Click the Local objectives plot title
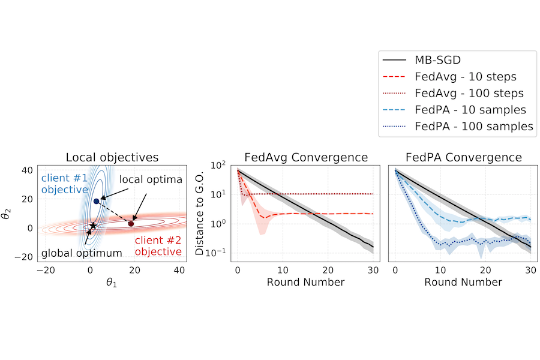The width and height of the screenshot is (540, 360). click(112, 158)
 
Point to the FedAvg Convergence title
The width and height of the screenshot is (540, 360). click(306, 158)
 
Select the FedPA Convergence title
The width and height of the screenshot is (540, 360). click(463, 158)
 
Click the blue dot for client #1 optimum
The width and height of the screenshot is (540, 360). click(96, 200)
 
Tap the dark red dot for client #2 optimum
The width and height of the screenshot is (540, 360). click(131, 224)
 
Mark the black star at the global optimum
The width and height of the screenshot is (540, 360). click(93, 226)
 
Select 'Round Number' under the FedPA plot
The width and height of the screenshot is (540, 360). click(463, 281)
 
